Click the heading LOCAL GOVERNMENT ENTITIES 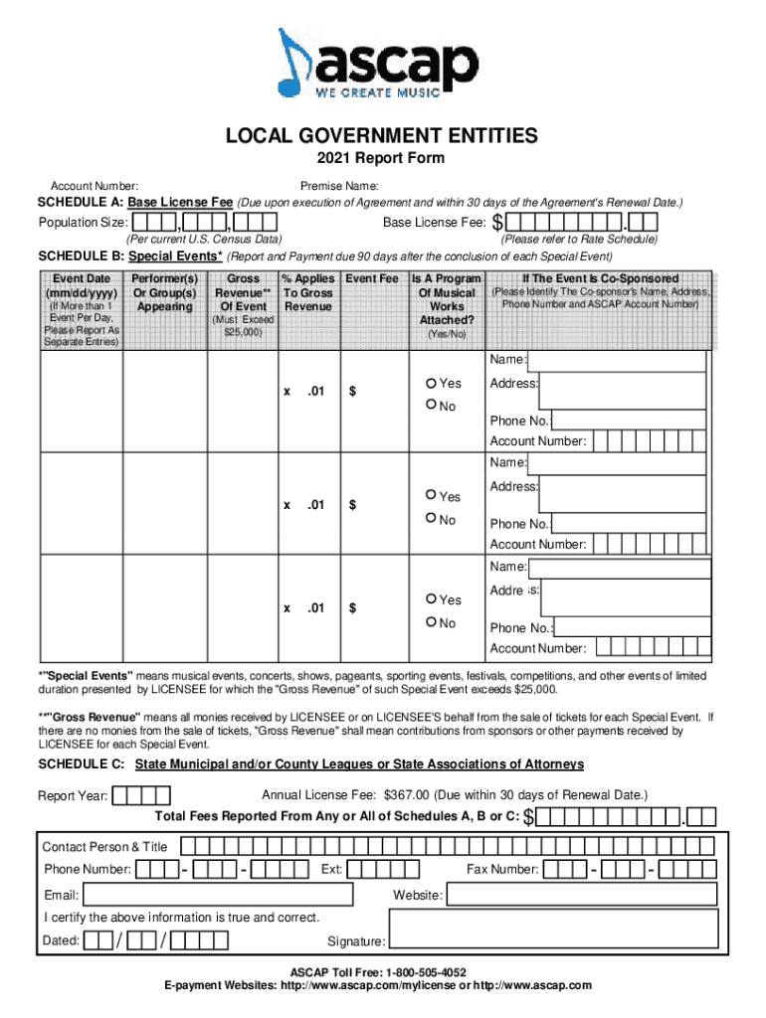pos(381,135)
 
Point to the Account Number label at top pos(95,186)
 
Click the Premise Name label pos(338,186)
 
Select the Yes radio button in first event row pos(431,383)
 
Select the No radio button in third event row pos(431,622)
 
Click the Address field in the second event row pos(626,494)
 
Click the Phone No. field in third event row pos(633,627)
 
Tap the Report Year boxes pos(141,795)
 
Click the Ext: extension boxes pos(383,870)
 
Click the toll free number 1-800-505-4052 pos(423,971)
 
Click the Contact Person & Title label pos(104,846)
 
